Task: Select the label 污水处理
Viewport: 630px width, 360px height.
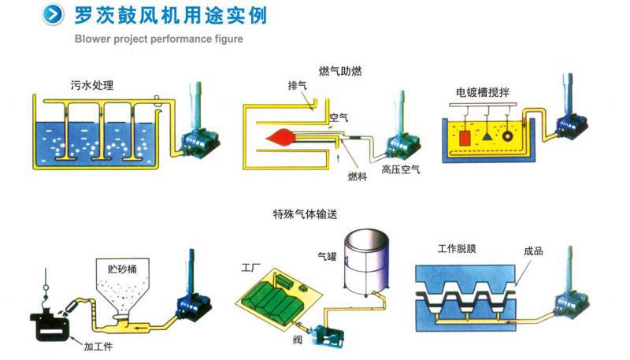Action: pyautogui.click(x=91, y=84)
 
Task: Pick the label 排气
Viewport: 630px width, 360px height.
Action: pyautogui.click(x=298, y=87)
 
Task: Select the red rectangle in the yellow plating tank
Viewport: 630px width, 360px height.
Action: pyautogui.click(x=465, y=139)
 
